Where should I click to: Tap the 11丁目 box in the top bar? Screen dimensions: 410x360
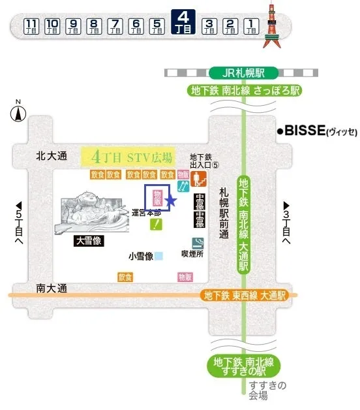tap(31, 26)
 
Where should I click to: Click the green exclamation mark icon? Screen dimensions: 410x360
tap(157, 225)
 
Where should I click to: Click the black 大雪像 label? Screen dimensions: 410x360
tap(89, 241)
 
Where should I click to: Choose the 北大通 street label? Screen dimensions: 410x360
tap(52, 157)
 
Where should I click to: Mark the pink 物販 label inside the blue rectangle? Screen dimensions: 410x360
tap(157, 198)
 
